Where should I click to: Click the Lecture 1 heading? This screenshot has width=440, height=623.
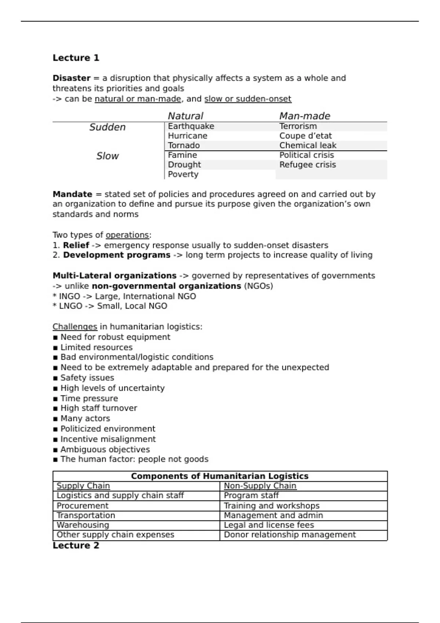click(76, 58)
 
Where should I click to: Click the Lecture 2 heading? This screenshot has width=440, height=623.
click(76, 545)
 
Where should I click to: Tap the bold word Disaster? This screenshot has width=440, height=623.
click(71, 78)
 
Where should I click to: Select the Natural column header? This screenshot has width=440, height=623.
click(185, 116)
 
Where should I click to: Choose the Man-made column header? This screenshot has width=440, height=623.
click(304, 116)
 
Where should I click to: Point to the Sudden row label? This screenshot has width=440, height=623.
click(107, 127)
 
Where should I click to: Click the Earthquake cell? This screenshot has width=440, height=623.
click(191, 126)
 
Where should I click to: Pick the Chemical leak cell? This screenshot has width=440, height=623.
click(308, 145)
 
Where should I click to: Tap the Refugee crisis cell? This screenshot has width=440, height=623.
click(307, 165)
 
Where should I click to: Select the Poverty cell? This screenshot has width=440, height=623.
click(183, 174)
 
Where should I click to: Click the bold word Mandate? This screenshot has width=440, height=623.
click(72, 194)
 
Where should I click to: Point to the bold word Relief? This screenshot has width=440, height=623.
click(76, 245)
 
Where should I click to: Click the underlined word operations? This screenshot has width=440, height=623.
click(127, 235)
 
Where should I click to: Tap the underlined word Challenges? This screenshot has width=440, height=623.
click(75, 327)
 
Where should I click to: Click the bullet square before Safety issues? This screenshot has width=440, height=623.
click(55, 378)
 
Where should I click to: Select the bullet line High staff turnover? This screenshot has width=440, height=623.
click(99, 408)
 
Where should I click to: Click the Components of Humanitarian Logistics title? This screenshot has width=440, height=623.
click(220, 476)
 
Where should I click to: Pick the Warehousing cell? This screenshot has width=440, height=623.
click(83, 525)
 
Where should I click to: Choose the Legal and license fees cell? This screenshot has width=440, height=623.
click(269, 525)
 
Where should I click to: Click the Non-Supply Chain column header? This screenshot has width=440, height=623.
click(260, 486)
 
